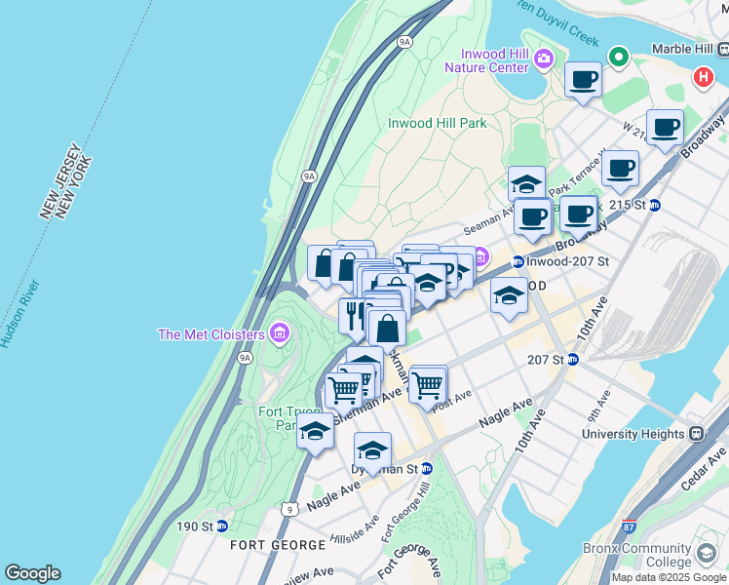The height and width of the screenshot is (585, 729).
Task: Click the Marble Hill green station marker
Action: point(618,57)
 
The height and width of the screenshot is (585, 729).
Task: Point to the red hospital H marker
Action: point(702,77)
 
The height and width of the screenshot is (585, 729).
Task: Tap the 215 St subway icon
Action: point(655,205)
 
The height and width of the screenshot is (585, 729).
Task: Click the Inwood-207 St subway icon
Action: point(518,261)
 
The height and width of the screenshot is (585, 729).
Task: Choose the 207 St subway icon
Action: point(573,359)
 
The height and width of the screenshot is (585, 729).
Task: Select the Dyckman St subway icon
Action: point(426,469)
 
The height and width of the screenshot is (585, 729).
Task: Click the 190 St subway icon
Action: point(221,526)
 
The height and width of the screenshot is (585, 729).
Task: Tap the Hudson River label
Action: point(19,314)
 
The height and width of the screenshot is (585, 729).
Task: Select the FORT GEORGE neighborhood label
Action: point(278,544)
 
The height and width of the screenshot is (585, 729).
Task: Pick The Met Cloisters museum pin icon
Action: point(280,334)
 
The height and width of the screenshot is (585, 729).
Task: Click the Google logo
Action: point(32,573)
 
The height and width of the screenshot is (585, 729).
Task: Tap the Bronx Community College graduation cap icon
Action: point(705,555)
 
